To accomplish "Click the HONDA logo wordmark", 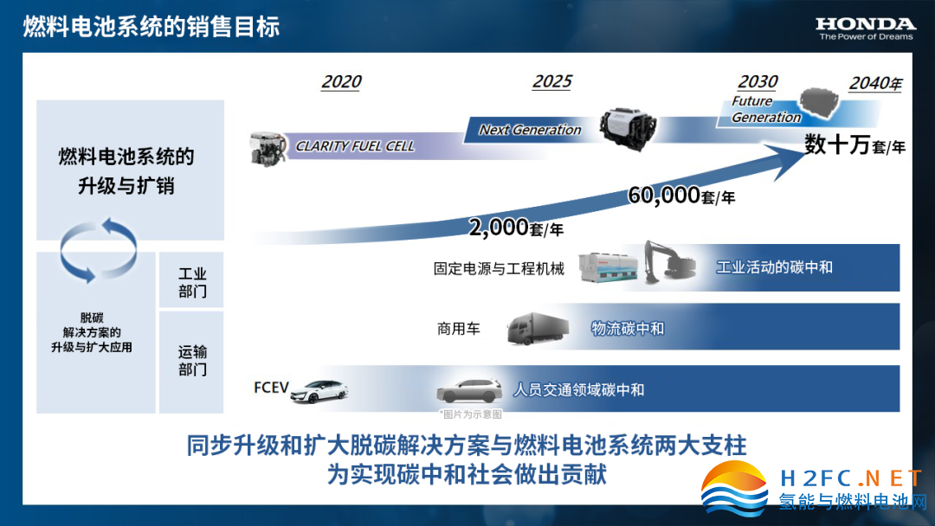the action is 865,24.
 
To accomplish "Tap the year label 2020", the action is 341,81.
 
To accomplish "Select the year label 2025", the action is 551,81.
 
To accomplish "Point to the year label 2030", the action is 758,81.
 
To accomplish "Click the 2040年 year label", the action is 876,83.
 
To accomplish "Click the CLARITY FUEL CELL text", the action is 355,146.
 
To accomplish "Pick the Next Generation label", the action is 530,129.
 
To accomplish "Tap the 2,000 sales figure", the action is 499,227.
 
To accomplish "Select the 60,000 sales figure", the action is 664,195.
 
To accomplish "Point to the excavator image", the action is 669,261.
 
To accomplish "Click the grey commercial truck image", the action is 538,328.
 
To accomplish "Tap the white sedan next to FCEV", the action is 319,391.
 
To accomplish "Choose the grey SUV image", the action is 469,391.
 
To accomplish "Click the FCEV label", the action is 271,388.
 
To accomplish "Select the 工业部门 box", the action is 191,280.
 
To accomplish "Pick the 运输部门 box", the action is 191,362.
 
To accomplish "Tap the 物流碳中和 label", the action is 628,328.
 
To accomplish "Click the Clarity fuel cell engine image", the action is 267,149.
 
